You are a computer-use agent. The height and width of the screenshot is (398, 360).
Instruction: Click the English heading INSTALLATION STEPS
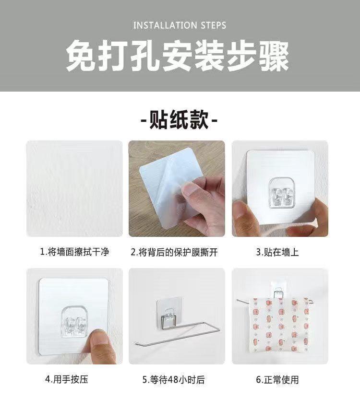(x=180, y=25)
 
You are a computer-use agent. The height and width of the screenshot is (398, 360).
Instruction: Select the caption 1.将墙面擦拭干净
(x=74, y=252)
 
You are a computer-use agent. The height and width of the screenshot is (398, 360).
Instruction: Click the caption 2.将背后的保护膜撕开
(x=177, y=252)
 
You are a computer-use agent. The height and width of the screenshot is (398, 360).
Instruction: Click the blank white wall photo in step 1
(x=74, y=188)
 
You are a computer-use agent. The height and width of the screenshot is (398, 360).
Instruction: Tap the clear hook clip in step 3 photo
(x=280, y=192)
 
